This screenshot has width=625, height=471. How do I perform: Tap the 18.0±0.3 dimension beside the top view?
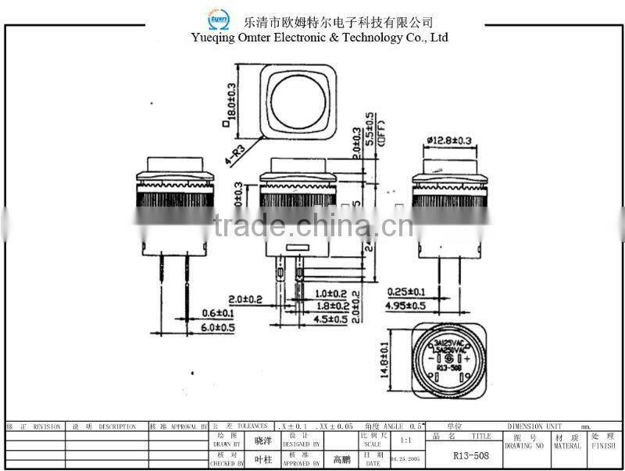click(231, 103)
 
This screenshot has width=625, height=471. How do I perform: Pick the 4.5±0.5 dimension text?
click(332, 319)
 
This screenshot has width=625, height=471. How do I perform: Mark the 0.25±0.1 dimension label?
click(407, 291)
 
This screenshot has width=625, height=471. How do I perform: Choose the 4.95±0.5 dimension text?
click(407, 305)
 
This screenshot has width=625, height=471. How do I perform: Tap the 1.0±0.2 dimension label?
click(332, 293)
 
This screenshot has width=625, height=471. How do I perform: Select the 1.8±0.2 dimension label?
click(332, 306)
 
